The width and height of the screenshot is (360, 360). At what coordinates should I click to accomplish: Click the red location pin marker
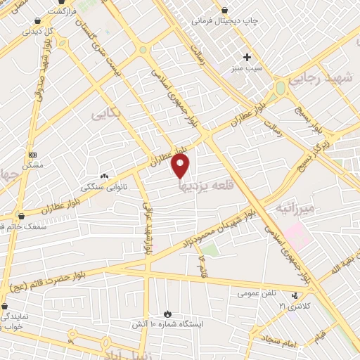point(181,166)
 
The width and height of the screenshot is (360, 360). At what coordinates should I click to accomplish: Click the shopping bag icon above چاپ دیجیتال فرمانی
point(224,10)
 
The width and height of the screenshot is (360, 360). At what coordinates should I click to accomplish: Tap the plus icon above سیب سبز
point(247,57)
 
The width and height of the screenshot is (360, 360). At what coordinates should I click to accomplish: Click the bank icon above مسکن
point(32,154)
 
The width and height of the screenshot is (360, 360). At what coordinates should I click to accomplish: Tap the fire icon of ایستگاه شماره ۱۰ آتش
point(167,313)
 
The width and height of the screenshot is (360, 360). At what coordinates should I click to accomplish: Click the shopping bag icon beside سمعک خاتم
point(21,216)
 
